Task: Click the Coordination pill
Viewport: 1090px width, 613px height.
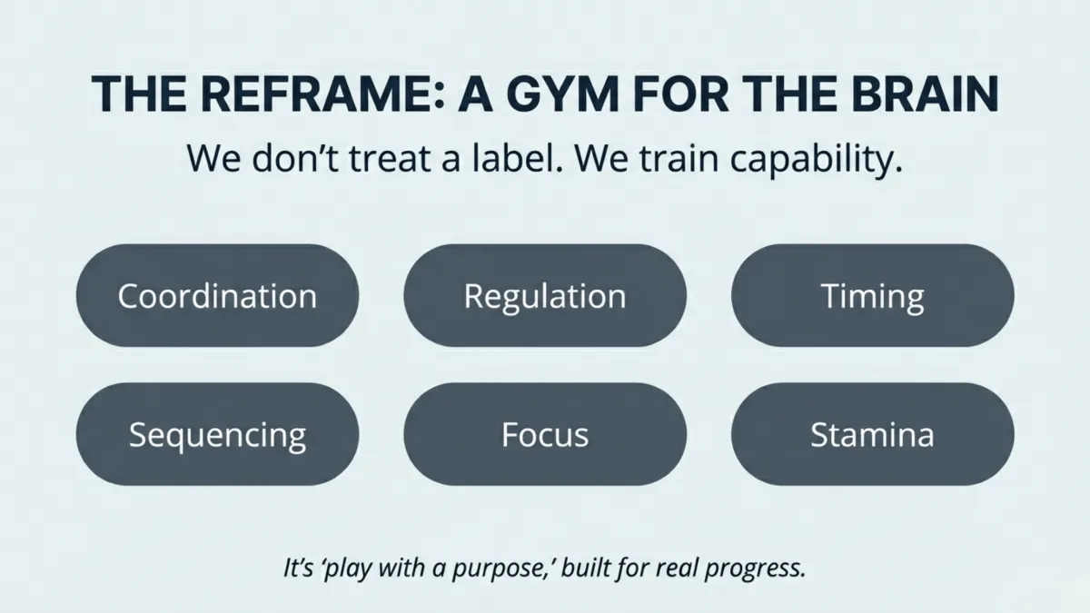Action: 217,296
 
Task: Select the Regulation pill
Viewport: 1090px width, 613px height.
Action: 545,296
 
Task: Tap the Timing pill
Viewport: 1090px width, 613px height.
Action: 872,296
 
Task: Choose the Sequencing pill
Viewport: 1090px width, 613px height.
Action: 217,434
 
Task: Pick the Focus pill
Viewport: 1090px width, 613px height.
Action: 545,434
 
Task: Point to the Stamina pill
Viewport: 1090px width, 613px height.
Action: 872,434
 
